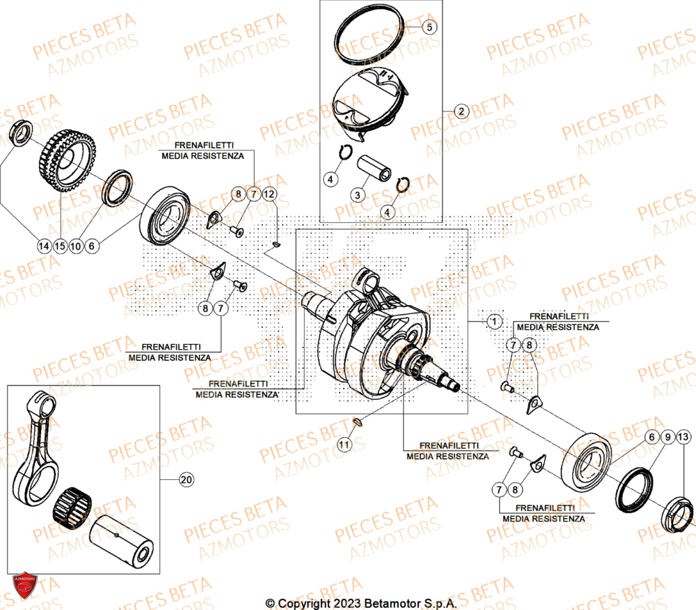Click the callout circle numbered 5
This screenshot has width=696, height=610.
[429, 27]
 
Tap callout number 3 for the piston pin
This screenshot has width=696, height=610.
[357, 195]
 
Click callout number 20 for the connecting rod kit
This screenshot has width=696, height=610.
[185, 480]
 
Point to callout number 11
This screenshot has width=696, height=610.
[344, 444]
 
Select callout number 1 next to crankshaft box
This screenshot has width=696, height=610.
[493, 322]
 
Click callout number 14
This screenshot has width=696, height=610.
[44, 245]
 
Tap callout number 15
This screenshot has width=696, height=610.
[60, 245]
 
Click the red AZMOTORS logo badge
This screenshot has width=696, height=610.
[24, 586]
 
